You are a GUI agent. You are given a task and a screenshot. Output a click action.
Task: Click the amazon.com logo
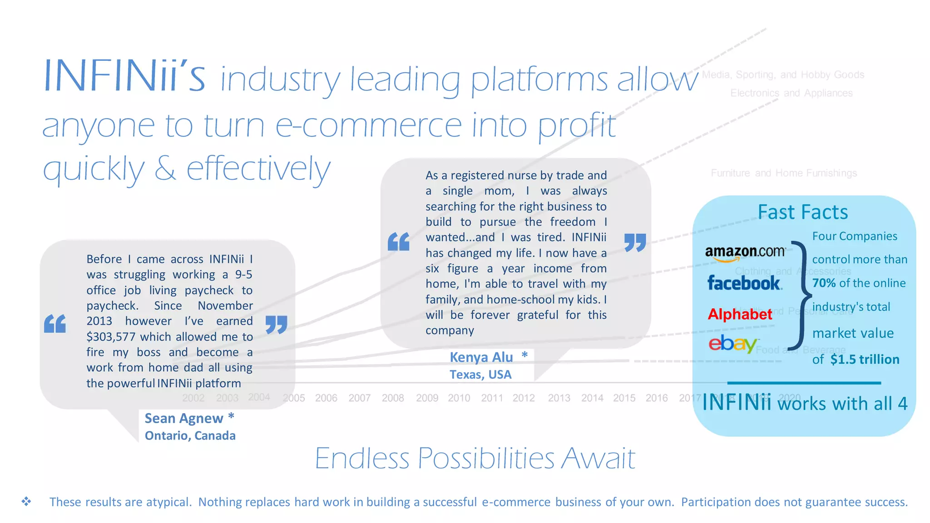(x=745, y=253)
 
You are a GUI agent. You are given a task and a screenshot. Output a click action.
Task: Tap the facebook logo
(x=744, y=283)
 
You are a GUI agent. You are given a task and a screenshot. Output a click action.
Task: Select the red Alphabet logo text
(x=740, y=314)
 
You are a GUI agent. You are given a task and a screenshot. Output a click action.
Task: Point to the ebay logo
(x=732, y=344)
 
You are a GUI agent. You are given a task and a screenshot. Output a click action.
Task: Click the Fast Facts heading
(x=802, y=212)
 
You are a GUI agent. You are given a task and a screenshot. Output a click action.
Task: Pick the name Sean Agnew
(x=184, y=418)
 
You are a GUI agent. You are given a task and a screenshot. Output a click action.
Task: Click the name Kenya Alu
(x=481, y=357)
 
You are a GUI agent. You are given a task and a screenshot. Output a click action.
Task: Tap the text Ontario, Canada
(x=190, y=436)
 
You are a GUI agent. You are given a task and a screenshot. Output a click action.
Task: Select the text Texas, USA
(x=480, y=375)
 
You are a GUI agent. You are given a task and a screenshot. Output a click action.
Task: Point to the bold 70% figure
(x=824, y=283)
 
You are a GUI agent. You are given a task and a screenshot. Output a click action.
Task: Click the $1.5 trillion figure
(x=865, y=360)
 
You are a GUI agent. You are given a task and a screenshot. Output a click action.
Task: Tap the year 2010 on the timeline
(x=459, y=398)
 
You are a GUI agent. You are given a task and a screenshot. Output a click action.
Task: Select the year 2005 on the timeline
(x=294, y=398)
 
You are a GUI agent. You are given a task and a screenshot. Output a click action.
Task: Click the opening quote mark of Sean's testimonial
(x=55, y=324)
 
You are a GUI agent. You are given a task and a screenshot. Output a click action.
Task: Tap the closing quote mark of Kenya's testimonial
(x=635, y=242)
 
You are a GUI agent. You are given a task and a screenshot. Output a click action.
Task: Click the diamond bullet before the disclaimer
(x=26, y=502)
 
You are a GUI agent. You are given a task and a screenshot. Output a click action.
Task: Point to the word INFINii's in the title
(x=124, y=76)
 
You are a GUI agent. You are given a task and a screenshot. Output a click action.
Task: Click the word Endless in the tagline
(x=362, y=458)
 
